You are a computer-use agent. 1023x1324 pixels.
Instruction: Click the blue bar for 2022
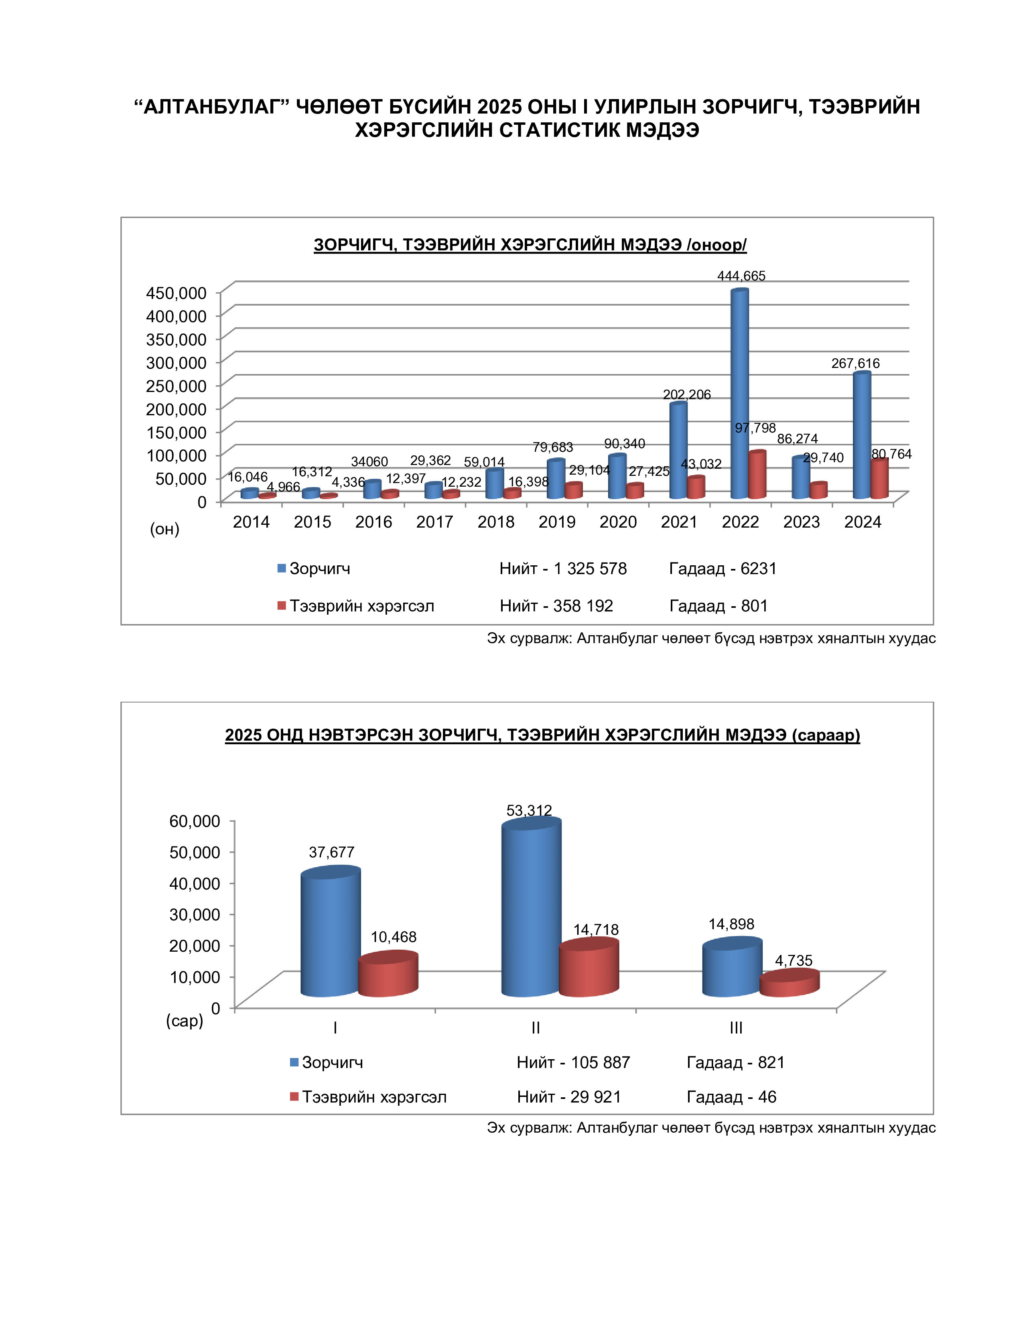pyautogui.click(x=739, y=394)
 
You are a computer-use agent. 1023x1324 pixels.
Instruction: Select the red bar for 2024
pyautogui.click(x=879, y=479)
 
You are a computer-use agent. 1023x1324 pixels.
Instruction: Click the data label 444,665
pyautogui.click(x=741, y=276)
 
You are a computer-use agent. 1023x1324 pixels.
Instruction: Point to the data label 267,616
pyautogui.click(x=855, y=363)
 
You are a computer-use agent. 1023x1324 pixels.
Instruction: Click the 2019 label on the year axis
pyautogui.click(x=556, y=522)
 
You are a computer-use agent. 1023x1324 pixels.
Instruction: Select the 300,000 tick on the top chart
pyautogui.click(x=176, y=363)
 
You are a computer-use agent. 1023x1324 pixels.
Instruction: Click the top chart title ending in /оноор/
pyautogui.click(x=530, y=244)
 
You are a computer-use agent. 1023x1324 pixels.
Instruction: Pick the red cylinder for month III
pyautogui.click(x=789, y=982)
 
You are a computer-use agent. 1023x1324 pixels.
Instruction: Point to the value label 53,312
pyautogui.click(x=529, y=810)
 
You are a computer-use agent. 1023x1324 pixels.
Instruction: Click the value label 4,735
pyautogui.click(x=793, y=960)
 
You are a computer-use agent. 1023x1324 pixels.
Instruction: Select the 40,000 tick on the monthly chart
pyautogui.click(x=195, y=883)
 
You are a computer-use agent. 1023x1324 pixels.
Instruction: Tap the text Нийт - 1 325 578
pyautogui.click(x=562, y=569)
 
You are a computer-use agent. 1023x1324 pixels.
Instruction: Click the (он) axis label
pyautogui.click(x=165, y=529)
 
